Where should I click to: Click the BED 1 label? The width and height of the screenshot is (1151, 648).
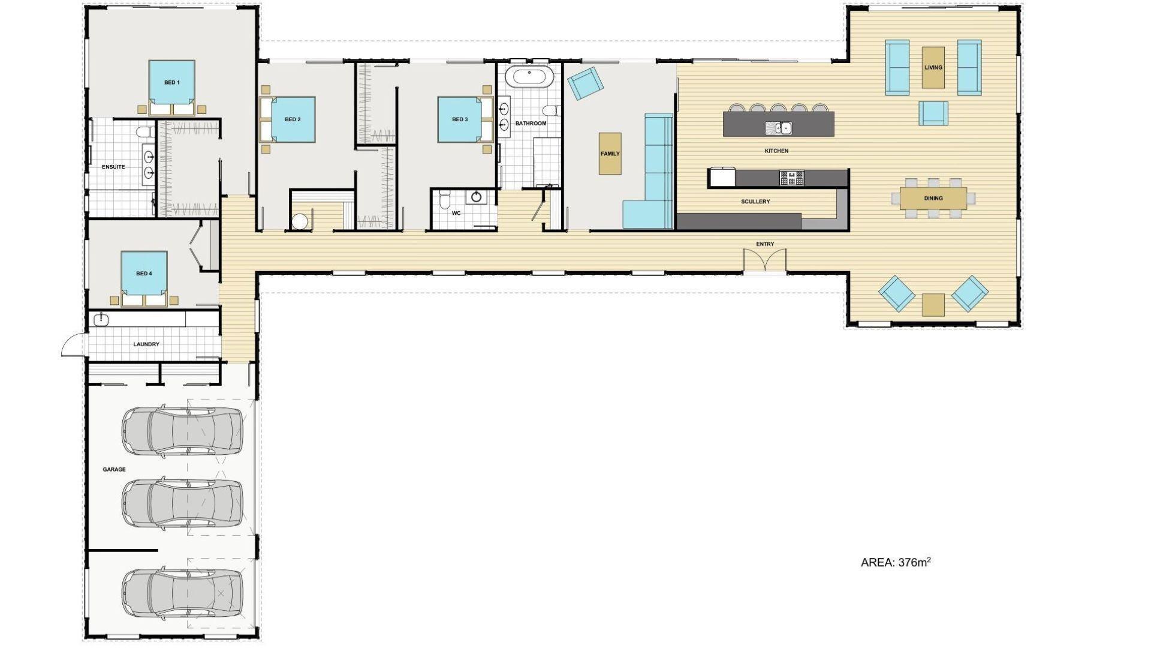(172, 82)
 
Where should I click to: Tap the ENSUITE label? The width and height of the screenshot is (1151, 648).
(113, 167)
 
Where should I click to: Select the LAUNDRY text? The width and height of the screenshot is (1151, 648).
(146, 344)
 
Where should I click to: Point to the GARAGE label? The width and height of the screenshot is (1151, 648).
(114, 469)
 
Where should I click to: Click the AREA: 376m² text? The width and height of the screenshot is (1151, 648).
(896, 562)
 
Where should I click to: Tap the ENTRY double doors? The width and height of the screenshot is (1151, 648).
(764, 261)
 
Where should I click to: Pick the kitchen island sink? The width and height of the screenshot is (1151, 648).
(778, 128)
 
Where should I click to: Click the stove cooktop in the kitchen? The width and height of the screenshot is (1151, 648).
(791, 178)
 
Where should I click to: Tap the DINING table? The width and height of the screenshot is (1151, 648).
(933, 198)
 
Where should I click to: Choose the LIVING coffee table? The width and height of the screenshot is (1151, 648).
(933, 67)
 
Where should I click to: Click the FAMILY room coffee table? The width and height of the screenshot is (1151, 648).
(610, 154)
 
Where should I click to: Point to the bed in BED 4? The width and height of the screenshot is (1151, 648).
(144, 278)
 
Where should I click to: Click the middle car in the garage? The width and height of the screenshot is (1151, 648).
(182, 503)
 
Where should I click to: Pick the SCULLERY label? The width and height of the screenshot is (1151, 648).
(755, 202)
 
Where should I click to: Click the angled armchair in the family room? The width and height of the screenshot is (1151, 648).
(585, 83)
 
